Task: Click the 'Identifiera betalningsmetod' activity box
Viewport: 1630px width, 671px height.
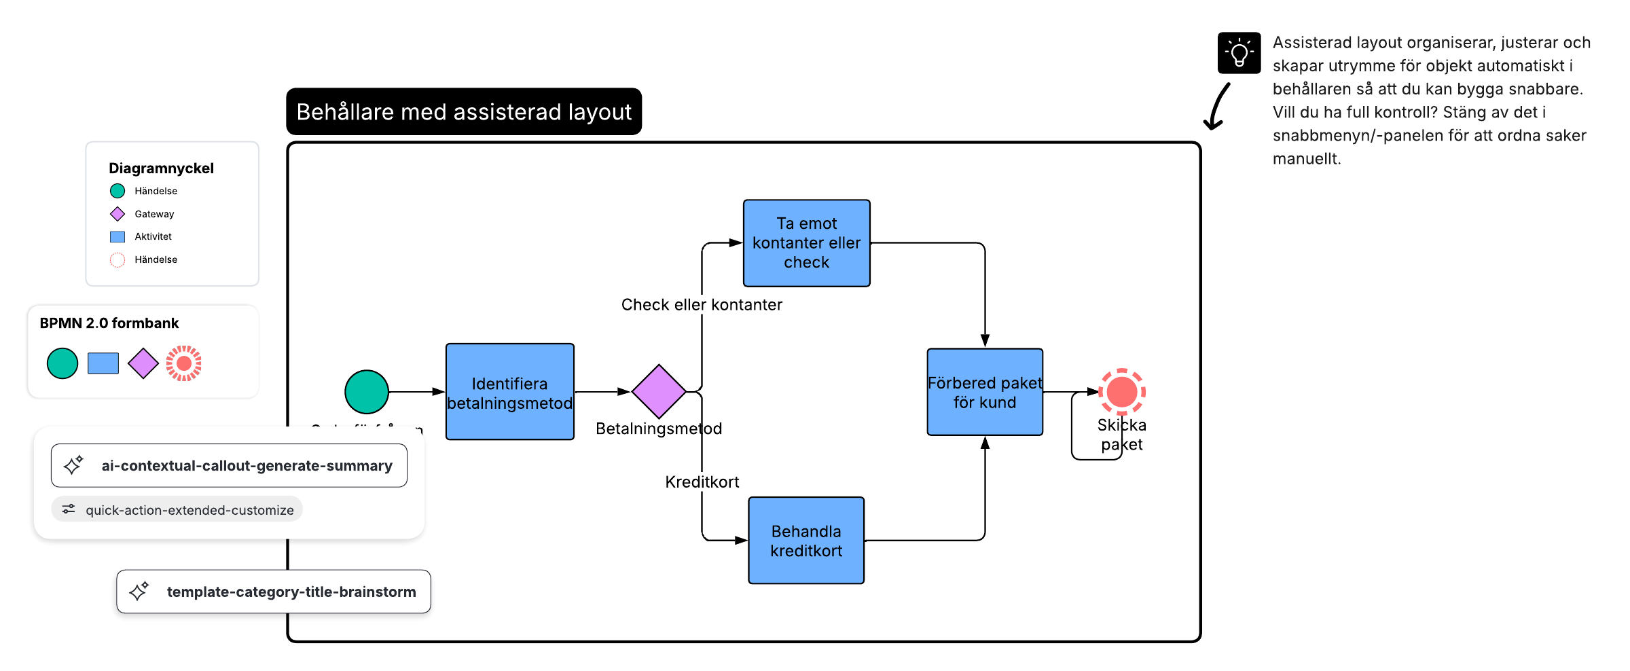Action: tap(509, 392)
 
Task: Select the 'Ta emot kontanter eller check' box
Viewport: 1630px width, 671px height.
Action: tap(806, 243)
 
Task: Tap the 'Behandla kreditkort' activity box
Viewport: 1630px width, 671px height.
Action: tap(806, 541)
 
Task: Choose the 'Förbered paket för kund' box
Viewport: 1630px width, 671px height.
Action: tap(984, 392)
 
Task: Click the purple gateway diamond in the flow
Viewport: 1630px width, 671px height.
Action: tap(659, 392)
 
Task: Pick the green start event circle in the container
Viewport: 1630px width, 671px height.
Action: tap(367, 392)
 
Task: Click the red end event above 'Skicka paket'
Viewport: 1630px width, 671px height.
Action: tap(1122, 392)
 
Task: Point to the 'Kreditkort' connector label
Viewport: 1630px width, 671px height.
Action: tap(702, 482)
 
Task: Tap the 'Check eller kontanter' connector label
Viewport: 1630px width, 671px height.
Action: tap(702, 305)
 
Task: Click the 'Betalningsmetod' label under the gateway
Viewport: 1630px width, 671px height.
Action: tap(659, 429)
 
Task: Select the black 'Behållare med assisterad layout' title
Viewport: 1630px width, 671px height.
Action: tap(464, 111)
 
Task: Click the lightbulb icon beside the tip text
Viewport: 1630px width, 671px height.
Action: tap(1239, 53)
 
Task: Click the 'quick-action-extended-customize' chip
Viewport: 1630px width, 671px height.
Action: tap(177, 509)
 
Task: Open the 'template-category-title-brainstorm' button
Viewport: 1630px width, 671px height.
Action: tap(274, 592)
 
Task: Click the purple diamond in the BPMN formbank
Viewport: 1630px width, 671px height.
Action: tap(143, 363)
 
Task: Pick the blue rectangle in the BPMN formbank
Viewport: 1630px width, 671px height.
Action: tap(103, 363)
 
